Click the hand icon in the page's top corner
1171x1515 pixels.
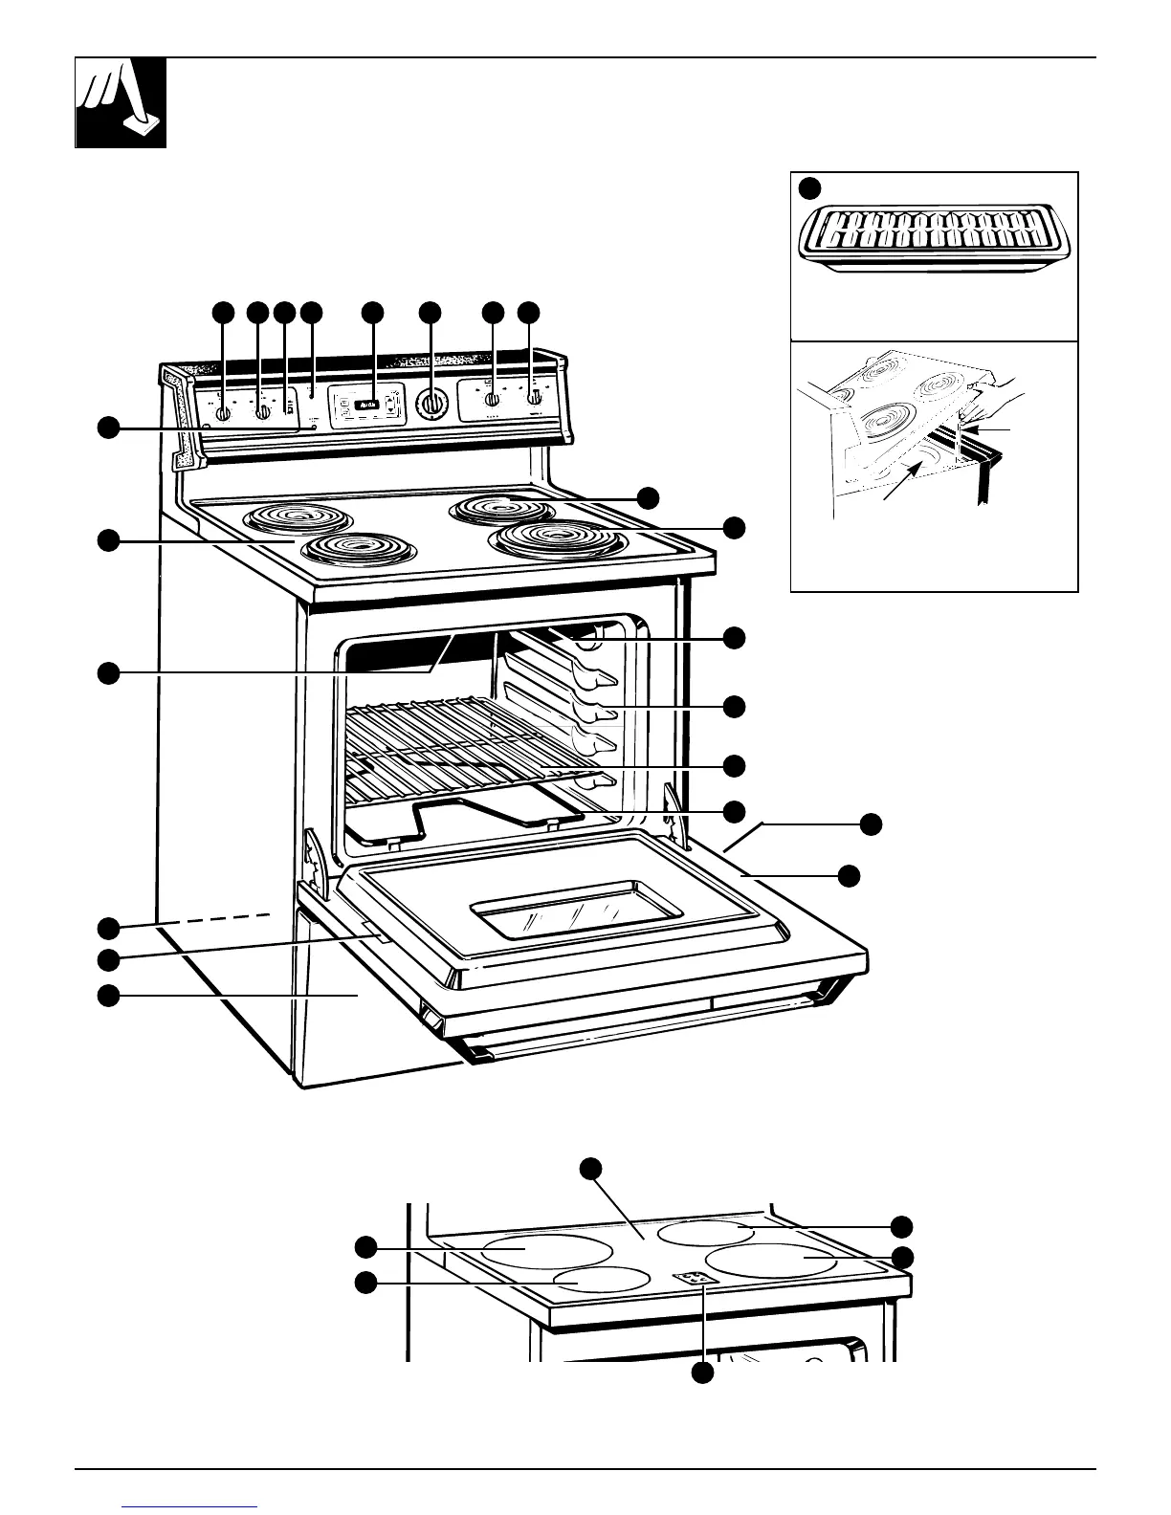coord(122,102)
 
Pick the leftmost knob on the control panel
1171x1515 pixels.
coord(222,413)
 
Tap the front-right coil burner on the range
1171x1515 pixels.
coord(552,540)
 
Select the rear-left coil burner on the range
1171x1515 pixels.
coord(287,519)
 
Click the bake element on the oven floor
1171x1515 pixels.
coord(459,818)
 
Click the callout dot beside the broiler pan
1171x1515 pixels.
coord(810,187)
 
